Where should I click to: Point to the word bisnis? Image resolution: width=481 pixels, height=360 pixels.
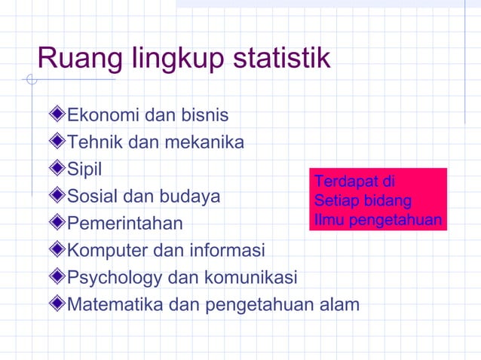pyautogui.click(x=204, y=117)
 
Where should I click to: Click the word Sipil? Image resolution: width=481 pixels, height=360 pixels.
pyautogui.click(x=84, y=169)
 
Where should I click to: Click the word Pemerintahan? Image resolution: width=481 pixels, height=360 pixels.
pyautogui.click(x=125, y=224)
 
